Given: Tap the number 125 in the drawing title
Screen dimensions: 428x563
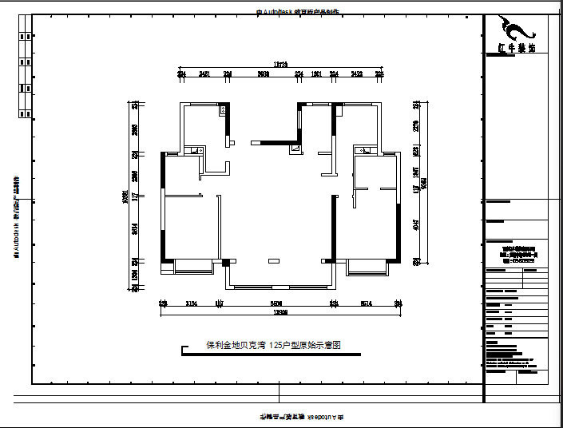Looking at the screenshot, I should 276,346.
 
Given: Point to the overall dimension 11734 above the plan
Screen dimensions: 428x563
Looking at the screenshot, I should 280,63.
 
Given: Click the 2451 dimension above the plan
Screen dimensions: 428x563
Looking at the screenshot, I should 204,73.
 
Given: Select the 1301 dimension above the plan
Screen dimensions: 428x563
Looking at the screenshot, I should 316,73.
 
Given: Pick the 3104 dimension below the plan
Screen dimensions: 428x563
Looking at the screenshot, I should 191,303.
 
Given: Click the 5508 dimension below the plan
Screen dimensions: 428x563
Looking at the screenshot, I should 276,303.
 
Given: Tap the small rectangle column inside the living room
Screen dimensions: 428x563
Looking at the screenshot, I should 274,260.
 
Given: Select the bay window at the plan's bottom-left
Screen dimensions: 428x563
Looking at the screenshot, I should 190,267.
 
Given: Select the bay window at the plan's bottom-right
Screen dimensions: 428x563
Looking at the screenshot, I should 367,267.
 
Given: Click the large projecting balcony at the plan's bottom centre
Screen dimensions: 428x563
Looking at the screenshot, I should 279,275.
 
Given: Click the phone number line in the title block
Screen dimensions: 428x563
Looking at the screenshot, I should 515,258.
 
